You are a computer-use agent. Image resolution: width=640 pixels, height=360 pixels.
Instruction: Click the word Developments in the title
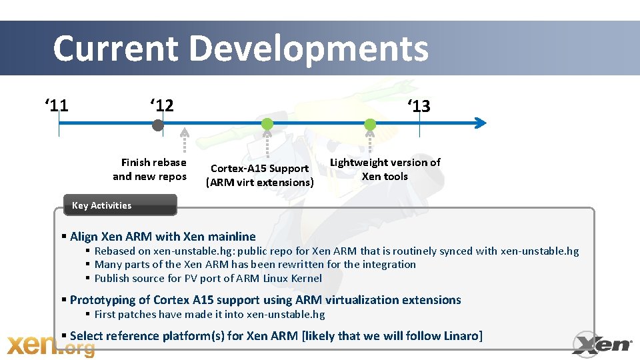[309, 49]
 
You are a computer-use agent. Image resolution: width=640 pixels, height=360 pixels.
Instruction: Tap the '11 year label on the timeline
[57, 105]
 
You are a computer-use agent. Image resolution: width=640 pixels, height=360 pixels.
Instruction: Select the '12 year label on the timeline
[161, 105]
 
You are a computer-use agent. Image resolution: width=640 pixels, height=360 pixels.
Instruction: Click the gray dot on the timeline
[157, 125]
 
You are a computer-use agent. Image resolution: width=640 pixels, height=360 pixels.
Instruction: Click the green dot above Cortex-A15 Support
[267, 124]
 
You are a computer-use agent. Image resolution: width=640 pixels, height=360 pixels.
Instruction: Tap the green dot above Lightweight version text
[370, 124]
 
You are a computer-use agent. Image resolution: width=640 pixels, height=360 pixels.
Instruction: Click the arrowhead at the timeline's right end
[481, 123]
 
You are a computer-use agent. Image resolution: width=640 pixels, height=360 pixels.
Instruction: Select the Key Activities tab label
[101, 205]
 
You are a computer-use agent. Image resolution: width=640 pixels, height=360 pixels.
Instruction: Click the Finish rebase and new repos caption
[150, 169]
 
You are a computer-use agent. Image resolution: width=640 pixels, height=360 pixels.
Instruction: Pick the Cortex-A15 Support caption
[260, 175]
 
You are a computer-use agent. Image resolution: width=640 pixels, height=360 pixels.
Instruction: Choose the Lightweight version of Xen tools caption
[385, 169]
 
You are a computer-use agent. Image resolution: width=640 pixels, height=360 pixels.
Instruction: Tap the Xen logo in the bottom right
[602, 343]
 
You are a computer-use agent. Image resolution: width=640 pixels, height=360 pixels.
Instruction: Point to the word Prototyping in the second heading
[101, 300]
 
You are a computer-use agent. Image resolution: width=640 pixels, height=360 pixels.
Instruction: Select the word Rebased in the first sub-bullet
[115, 251]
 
